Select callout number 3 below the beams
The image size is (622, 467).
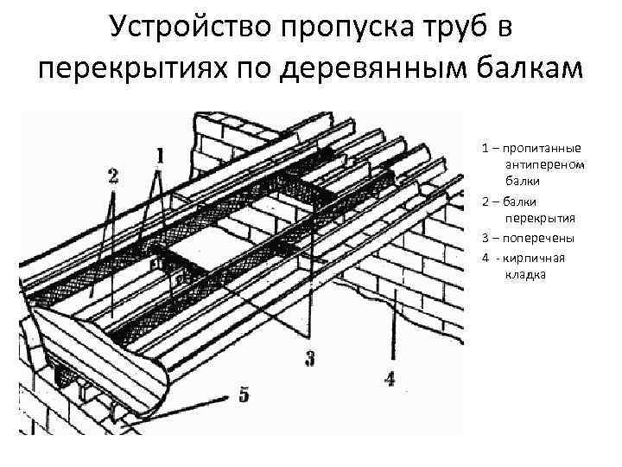click(x=308, y=357)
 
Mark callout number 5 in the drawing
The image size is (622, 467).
click(x=244, y=395)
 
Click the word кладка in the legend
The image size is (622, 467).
click(x=524, y=274)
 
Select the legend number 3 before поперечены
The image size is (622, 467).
click(x=486, y=237)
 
